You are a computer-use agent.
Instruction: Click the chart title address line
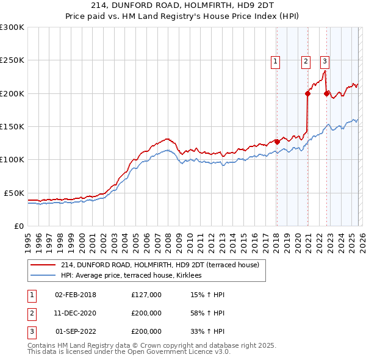tap(182, 6)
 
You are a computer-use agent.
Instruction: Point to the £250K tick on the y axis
tap(12, 60)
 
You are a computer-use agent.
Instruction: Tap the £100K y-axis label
tap(12, 159)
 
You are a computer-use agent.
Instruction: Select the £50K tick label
tap(14, 193)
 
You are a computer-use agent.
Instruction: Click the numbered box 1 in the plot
tap(276, 61)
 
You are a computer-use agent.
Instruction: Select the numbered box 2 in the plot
tap(305, 61)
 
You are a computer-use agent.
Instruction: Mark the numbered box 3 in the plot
tap(325, 61)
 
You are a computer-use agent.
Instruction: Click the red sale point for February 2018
tap(277, 142)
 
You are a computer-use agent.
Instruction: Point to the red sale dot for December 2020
tap(308, 93)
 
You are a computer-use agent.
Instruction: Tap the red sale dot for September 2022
tap(326, 93)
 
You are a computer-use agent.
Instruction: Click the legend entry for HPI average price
tap(135, 275)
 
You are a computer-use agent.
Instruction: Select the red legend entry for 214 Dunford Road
tap(160, 265)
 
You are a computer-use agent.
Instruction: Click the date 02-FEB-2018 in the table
tap(76, 295)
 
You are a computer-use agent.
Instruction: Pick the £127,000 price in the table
tap(146, 295)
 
